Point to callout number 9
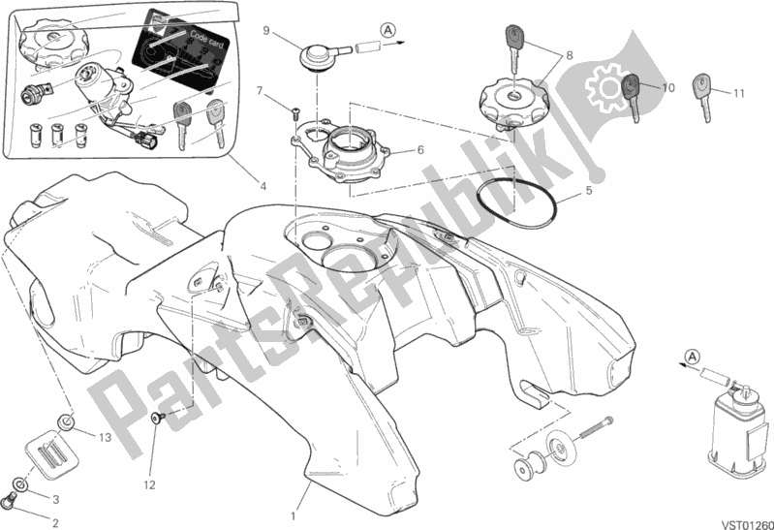tap(264, 31)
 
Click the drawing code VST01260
tap(744, 518)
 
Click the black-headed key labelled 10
tap(632, 95)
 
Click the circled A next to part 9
tap(387, 31)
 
